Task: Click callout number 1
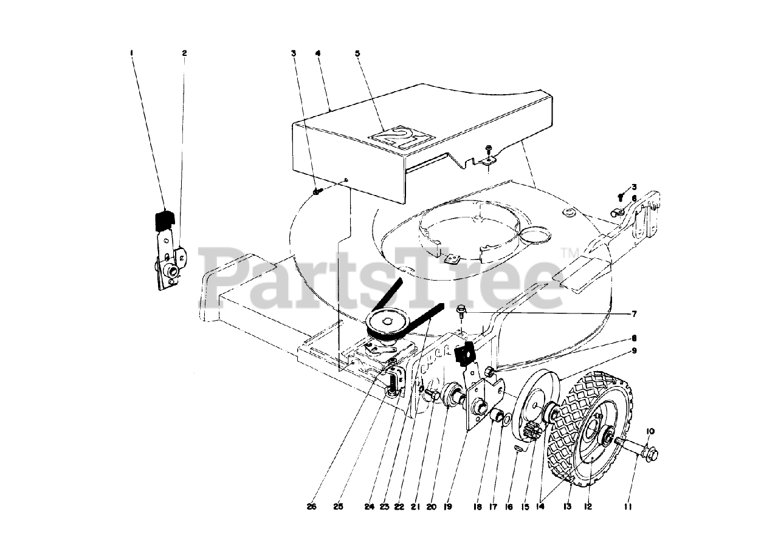(x=131, y=53)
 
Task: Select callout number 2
(x=184, y=53)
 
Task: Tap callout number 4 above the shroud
(x=318, y=53)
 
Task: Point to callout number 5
(x=357, y=53)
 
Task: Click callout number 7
(x=634, y=314)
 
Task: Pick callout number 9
(x=634, y=350)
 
